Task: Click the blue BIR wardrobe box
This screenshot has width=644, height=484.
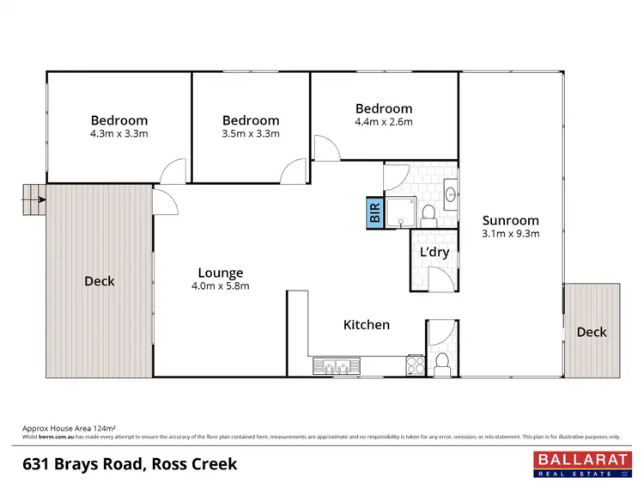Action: pyautogui.click(x=374, y=211)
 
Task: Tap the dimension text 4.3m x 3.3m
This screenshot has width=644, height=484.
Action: pyautogui.click(x=118, y=134)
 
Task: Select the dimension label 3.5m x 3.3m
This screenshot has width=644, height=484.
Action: pyautogui.click(x=250, y=134)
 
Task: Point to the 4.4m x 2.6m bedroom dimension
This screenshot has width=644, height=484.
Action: pyautogui.click(x=384, y=122)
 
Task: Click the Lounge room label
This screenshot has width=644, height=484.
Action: pyautogui.click(x=222, y=273)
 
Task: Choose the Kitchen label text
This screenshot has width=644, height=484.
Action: pyautogui.click(x=367, y=325)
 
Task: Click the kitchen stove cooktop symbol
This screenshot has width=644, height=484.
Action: pyautogui.click(x=415, y=365)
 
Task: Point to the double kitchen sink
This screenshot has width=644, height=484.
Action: pyautogui.click(x=336, y=366)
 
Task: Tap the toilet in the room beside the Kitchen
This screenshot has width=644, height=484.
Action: pyautogui.click(x=441, y=362)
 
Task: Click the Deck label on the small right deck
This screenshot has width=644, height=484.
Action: pyautogui.click(x=591, y=332)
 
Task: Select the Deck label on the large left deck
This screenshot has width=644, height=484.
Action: pyautogui.click(x=100, y=281)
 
